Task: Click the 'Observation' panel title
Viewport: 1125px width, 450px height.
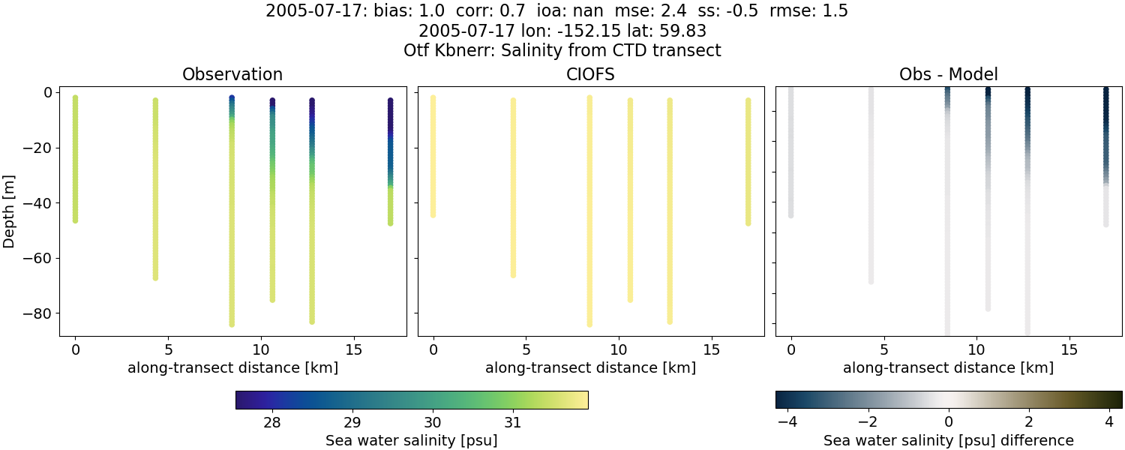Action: pos(232,75)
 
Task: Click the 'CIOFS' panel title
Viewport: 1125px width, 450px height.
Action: pos(590,75)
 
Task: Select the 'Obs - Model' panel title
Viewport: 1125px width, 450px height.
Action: pos(948,75)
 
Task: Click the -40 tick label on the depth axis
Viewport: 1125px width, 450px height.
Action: pos(36,203)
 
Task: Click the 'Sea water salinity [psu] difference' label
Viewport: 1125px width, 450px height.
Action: pos(948,440)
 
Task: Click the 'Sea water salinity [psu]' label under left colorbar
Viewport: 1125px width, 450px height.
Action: pos(411,440)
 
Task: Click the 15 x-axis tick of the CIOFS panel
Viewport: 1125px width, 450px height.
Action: pos(712,349)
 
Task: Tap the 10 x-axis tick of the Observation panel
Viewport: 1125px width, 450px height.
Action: pos(261,349)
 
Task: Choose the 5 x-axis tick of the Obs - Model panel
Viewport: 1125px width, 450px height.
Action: pos(883,349)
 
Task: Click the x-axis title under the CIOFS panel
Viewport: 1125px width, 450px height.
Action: pos(590,368)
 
